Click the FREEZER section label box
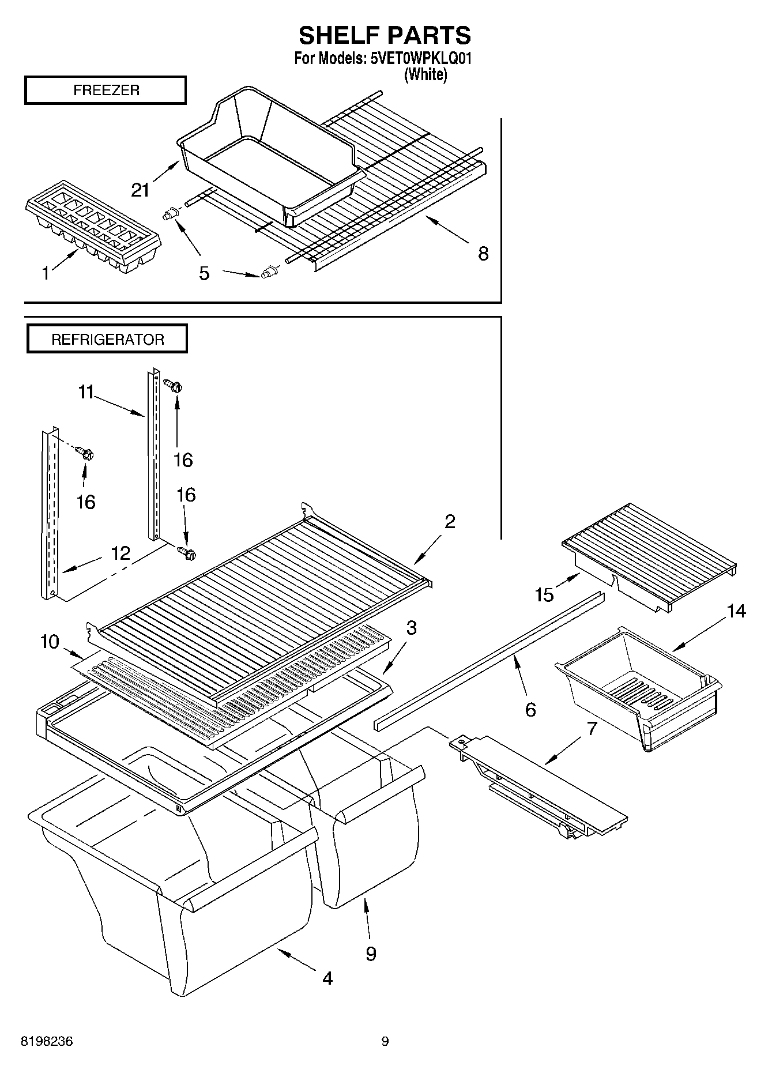point(106,91)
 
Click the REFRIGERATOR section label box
point(107,340)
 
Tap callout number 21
point(141,190)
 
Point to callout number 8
point(483,253)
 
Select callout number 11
point(85,393)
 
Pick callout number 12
point(120,553)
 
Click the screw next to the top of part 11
point(173,385)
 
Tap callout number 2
point(450,521)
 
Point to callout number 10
point(50,641)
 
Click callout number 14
point(736,611)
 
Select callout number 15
point(544,594)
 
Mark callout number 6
point(530,709)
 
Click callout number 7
point(592,729)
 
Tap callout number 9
point(371,954)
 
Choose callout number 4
point(327,978)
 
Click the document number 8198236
point(47,1042)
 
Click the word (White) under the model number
point(425,74)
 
